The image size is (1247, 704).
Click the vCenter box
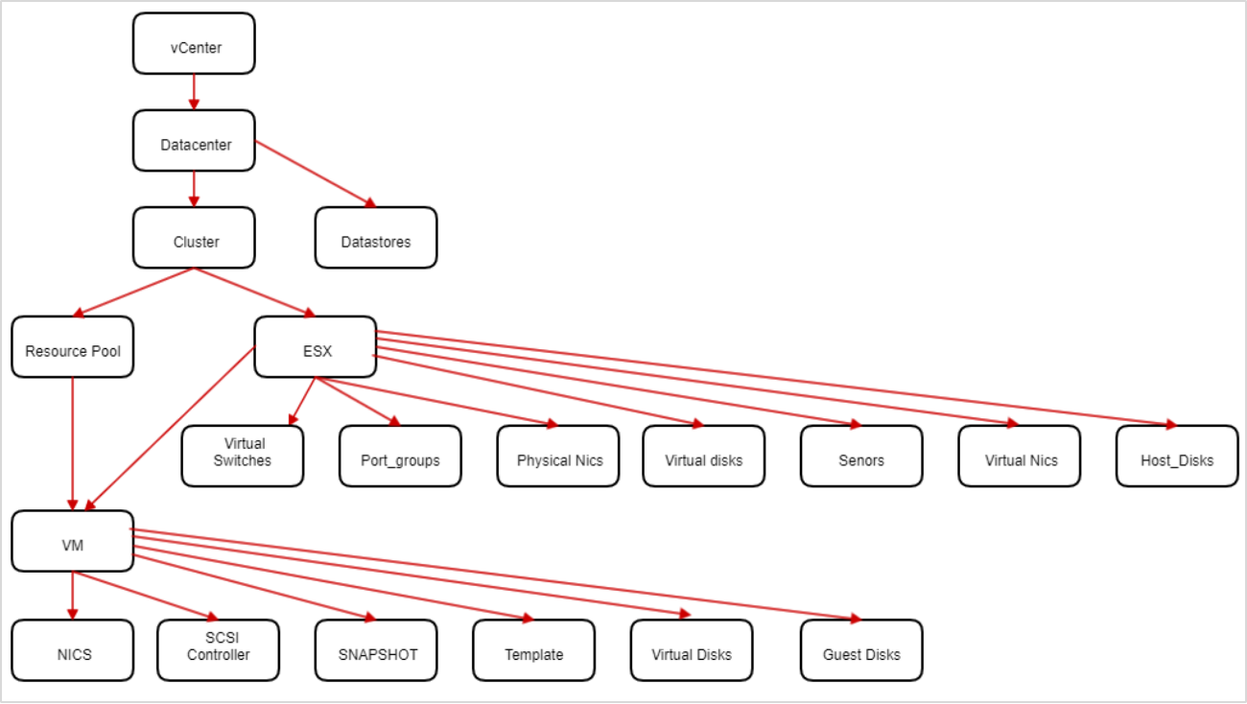click(194, 43)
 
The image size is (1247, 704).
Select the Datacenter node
click(194, 141)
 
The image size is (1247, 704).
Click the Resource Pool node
click(73, 347)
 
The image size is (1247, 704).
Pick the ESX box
click(316, 347)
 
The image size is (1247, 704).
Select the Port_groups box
click(400, 457)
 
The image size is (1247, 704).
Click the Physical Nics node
click(558, 457)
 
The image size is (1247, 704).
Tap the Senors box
click(861, 457)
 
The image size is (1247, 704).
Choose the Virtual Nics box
click(1019, 457)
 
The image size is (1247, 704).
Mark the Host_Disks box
click(1177, 457)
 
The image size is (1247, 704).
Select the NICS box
click(73, 650)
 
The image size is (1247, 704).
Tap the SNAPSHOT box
click(376, 650)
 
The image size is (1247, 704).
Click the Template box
click(533, 650)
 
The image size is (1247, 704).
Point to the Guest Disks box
click(861, 650)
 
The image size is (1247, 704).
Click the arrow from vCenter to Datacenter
click(194, 92)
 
